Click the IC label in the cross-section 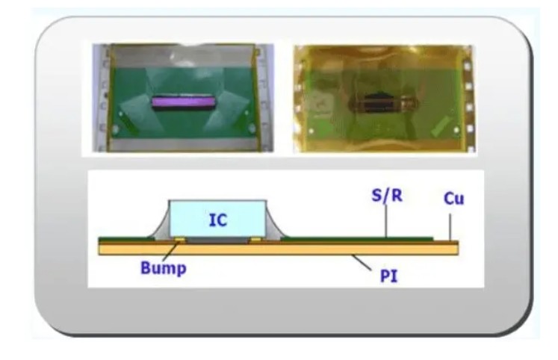click(x=217, y=220)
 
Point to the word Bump click(x=163, y=268)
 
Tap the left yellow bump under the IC click(x=179, y=240)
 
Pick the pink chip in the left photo click(x=182, y=101)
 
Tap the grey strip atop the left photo click(x=183, y=52)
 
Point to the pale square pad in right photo click(x=322, y=104)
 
